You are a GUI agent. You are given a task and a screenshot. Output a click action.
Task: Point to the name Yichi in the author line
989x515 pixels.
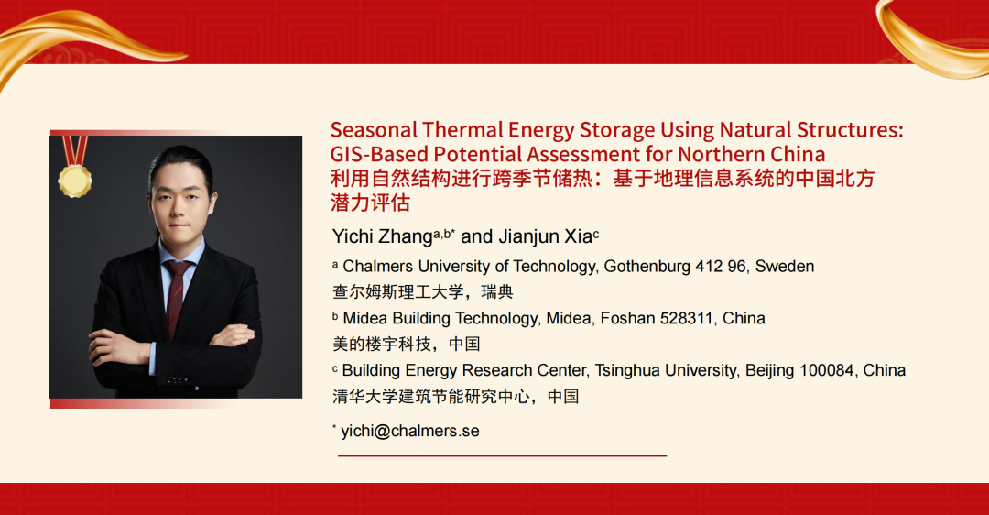(x=353, y=236)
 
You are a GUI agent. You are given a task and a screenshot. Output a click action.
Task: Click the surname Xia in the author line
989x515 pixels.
(x=578, y=236)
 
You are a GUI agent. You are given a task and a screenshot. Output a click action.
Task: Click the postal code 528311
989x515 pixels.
(x=686, y=318)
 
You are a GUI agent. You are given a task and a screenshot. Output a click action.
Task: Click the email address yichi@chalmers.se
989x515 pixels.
(x=410, y=431)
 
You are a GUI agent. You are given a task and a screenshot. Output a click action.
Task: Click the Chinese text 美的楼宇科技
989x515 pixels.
(x=382, y=344)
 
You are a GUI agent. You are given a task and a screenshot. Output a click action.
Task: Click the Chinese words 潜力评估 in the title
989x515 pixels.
(x=370, y=203)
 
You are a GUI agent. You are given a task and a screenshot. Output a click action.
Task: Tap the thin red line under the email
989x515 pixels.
(x=502, y=455)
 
